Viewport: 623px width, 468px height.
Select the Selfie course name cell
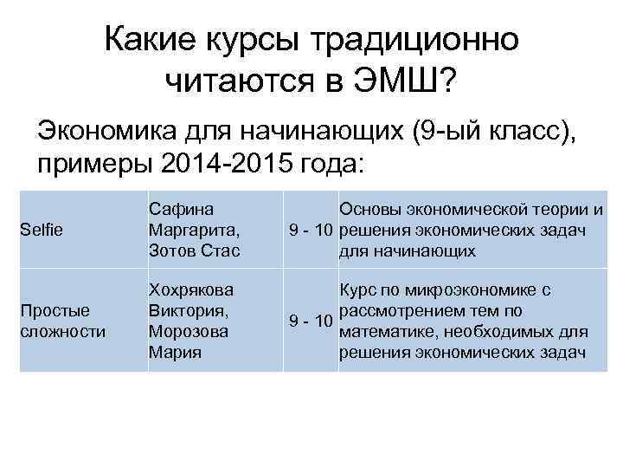pyautogui.click(x=40, y=231)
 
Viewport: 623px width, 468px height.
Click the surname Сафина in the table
pyautogui.click(x=182, y=210)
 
